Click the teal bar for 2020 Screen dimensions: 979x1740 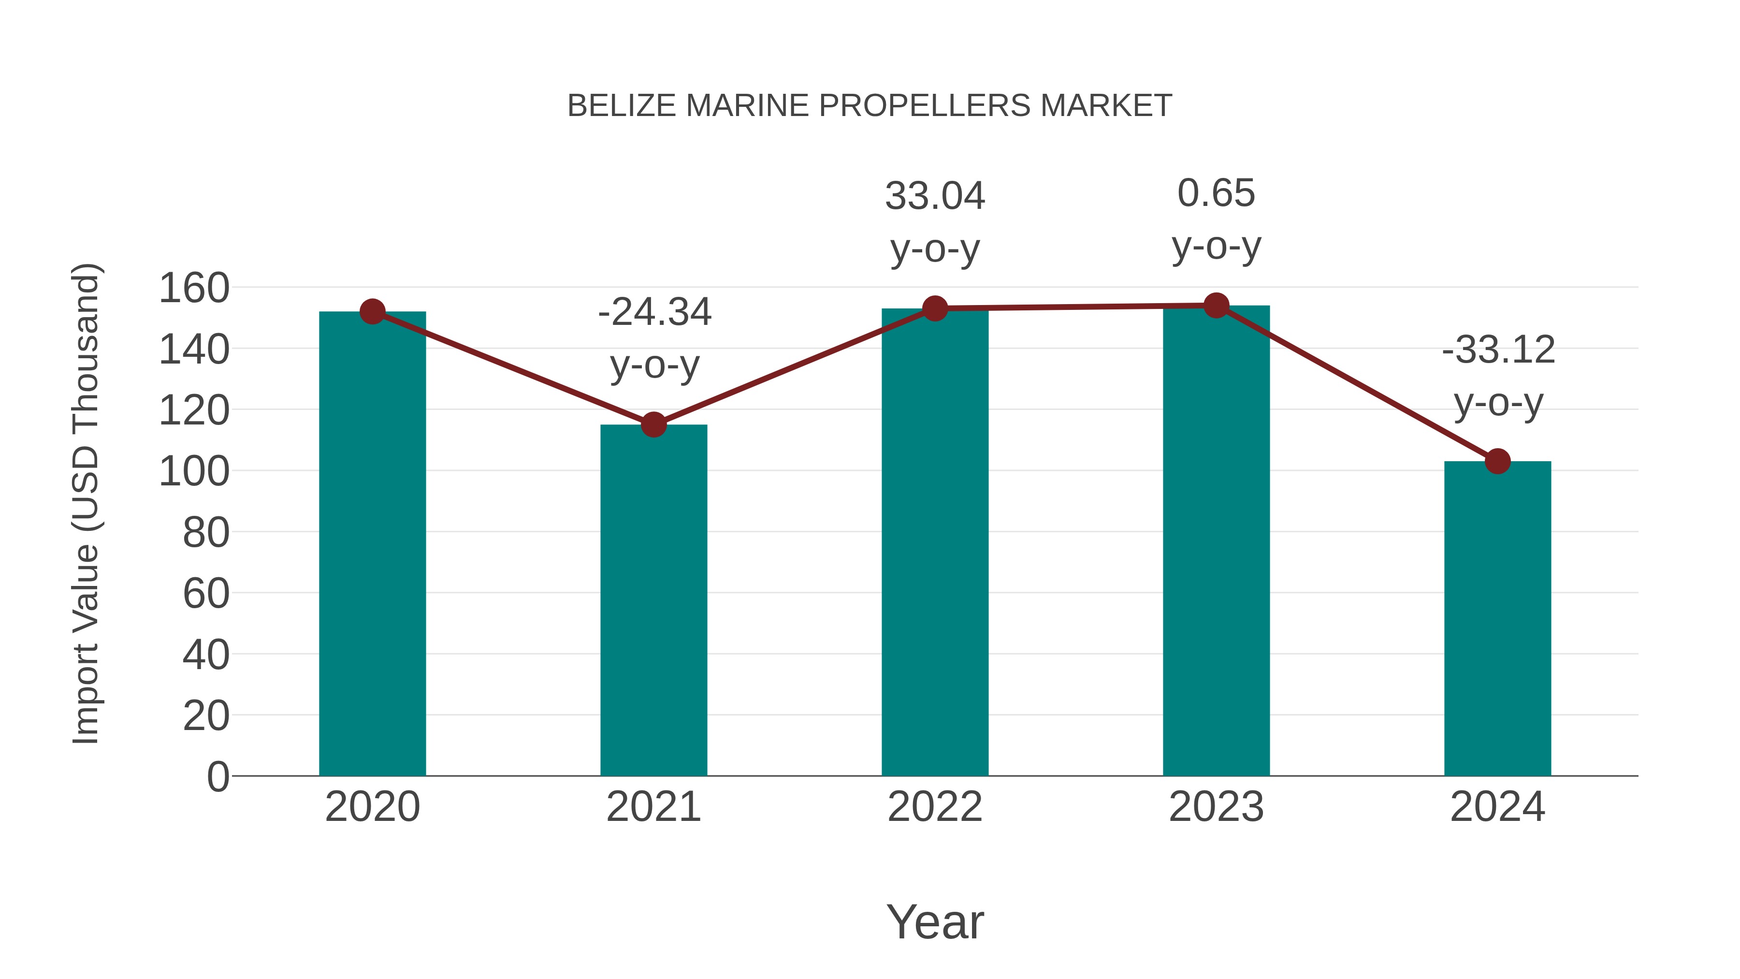pyautogui.click(x=372, y=543)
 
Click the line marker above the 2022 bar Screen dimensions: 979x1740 pyautogui.click(x=935, y=309)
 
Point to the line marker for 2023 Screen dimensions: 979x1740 pyautogui.click(x=1216, y=306)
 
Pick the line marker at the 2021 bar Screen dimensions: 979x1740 pyautogui.click(x=653, y=425)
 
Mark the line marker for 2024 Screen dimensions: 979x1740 pyautogui.click(x=1497, y=462)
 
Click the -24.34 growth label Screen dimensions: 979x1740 pyautogui.click(x=654, y=312)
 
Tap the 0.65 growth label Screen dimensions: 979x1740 pyautogui.click(x=1216, y=193)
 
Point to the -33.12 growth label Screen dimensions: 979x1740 pyautogui.click(x=1498, y=350)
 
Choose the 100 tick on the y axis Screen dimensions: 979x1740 pyautogui.click(x=194, y=471)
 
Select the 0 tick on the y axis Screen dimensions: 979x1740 pyautogui.click(x=217, y=776)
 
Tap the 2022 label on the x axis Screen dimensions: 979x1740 pyautogui.click(x=935, y=807)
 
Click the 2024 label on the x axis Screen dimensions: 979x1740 pyautogui.click(x=1497, y=807)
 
